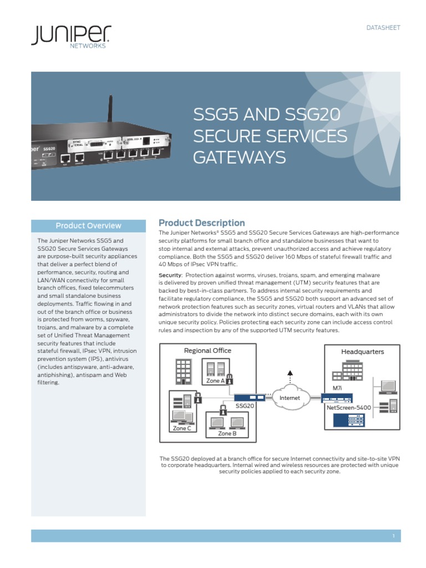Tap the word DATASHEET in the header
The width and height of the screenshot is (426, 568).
point(383,28)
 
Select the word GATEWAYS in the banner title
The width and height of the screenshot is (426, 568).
point(239,158)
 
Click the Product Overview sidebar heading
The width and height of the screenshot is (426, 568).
point(88,226)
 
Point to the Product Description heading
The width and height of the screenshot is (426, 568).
point(201,223)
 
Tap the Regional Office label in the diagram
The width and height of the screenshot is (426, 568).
point(207,351)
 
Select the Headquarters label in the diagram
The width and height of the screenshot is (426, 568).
point(362,352)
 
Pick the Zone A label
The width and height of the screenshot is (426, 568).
point(215,381)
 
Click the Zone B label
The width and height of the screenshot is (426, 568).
point(227,434)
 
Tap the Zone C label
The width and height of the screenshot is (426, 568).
point(182,428)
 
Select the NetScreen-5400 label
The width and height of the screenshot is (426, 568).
point(349,408)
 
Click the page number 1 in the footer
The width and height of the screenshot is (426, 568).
point(393,536)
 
